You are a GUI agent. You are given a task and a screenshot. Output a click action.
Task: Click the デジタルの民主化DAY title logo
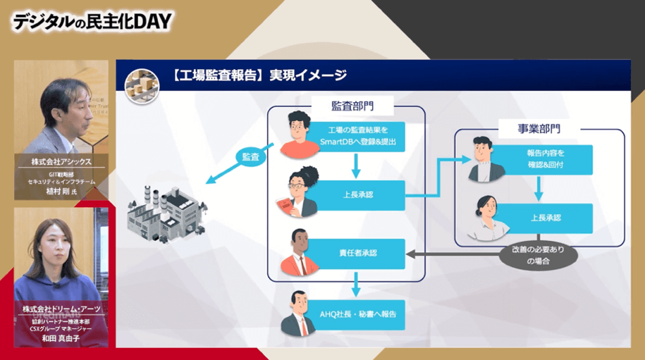(x=92, y=22)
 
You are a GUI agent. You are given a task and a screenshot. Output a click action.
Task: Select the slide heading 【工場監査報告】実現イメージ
(x=258, y=75)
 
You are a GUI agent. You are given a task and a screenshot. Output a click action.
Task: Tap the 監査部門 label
(x=352, y=105)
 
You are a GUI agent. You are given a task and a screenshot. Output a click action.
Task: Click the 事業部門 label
(x=539, y=129)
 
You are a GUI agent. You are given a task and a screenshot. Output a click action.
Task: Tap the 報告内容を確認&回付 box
(x=546, y=159)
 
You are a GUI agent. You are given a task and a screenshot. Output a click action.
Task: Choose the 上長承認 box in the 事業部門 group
(x=546, y=217)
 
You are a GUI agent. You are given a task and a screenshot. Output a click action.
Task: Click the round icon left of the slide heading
(x=137, y=82)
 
